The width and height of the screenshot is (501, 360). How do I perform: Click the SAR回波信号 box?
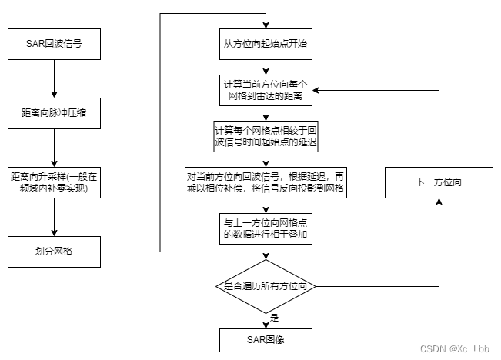(x=54, y=45)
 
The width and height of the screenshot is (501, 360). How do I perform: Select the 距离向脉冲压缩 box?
(x=54, y=112)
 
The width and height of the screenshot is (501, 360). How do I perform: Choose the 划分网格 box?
(x=54, y=250)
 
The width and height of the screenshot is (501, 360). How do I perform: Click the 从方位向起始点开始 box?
(x=266, y=45)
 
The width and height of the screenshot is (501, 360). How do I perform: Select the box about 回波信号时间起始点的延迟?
(x=266, y=135)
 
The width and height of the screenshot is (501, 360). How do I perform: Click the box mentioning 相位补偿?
(x=266, y=181)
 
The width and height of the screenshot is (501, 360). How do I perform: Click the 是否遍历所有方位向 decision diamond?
(x=266, y=286)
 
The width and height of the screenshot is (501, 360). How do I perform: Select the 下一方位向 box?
(x=437, y=182)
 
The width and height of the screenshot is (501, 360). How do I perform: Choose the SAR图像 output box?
(x=266, y=338)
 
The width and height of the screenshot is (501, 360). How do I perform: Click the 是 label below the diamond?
(x=274, y=316)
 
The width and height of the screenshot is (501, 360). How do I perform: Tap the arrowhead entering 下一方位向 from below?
(x=437, y=204)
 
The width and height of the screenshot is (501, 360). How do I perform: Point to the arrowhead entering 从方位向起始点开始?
(x=266, y=26)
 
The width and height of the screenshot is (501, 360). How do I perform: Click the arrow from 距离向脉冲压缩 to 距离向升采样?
(x=54, y=146)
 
